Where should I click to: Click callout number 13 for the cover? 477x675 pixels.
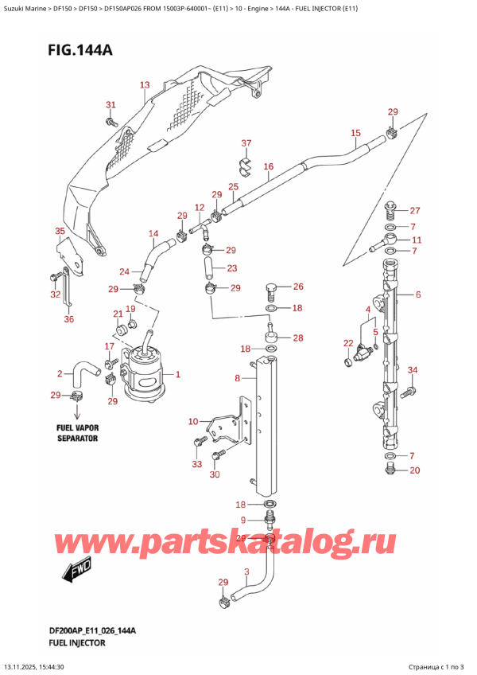point(144,84)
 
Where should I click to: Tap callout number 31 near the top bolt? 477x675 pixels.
point(111,105)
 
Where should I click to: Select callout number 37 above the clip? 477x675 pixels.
point(246,143)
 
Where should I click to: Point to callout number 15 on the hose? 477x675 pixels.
point(355,133)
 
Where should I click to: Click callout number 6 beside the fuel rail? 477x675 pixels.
point(417,295)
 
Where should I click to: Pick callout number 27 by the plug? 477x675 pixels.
point(415,211)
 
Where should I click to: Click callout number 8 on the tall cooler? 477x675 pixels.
point(237,379)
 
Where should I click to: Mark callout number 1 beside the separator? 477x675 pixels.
point(177,374)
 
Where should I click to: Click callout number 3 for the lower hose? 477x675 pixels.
point(247,572)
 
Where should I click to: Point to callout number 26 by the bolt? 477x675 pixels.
point(297,287)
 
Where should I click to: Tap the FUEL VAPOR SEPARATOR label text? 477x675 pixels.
point(76,433)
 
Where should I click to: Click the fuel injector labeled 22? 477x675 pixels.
point(366,351)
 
